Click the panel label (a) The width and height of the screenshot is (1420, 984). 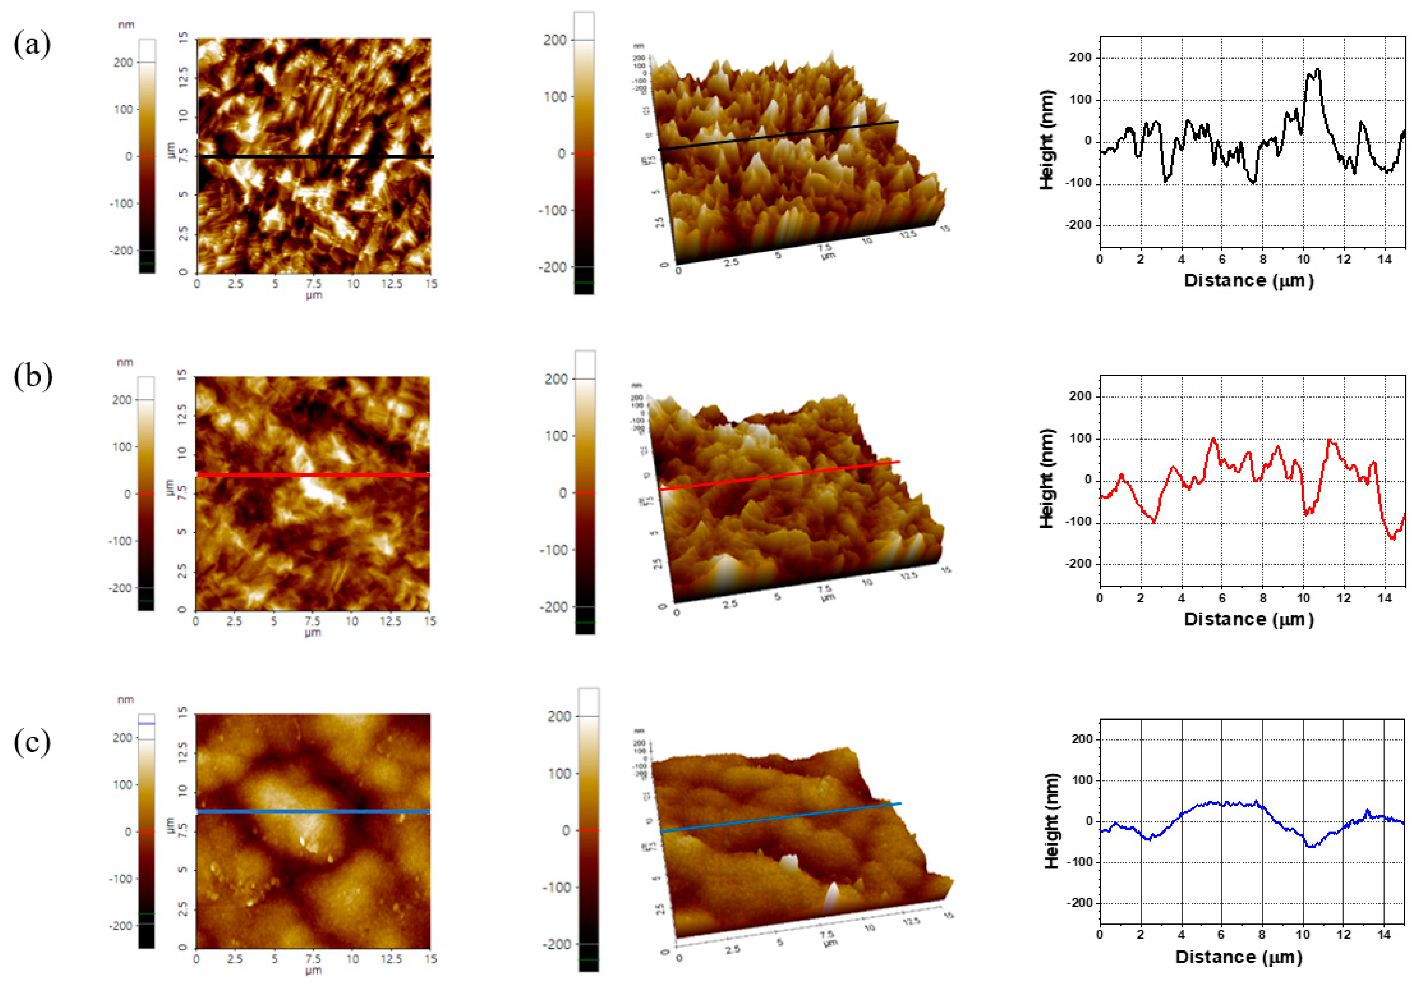click(x=32, y=45)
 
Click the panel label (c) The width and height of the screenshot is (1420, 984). click(x=32, y=742)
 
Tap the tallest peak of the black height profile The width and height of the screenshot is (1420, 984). click(x=1316, y=70)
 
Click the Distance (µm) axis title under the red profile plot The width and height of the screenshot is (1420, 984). click(x=1249, y=619)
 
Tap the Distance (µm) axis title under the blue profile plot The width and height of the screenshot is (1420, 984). click(x=1240, y=957)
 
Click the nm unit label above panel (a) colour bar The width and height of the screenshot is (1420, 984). click(x=126, y=25)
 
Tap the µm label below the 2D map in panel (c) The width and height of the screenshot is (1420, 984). click(x=313, y=970)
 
